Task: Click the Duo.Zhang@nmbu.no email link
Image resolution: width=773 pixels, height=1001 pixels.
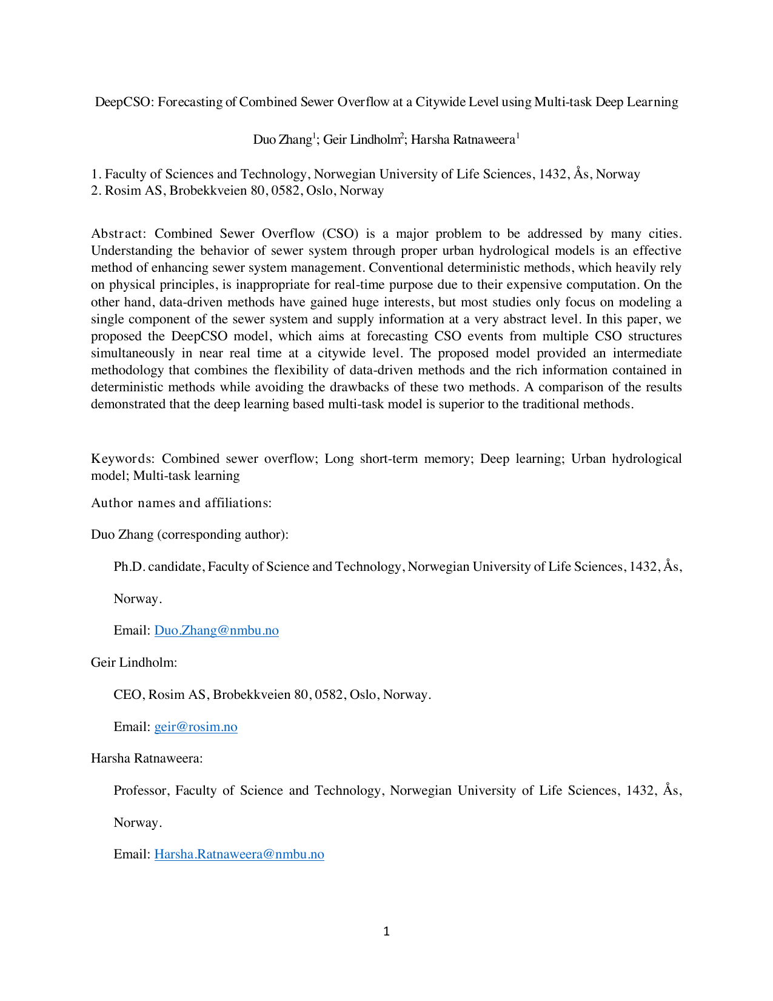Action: [216, 630]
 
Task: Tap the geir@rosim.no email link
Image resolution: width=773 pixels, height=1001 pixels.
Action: [196, 727]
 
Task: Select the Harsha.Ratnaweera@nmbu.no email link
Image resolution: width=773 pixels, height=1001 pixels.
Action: [239, 854]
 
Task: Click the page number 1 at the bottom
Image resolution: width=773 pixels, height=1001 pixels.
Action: [387, 931]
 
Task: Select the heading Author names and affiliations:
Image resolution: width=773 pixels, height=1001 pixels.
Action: [181, 503]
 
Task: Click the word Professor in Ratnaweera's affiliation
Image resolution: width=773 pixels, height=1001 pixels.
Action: [141, 790]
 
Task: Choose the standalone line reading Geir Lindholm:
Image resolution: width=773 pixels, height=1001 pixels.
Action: [134, 662]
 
